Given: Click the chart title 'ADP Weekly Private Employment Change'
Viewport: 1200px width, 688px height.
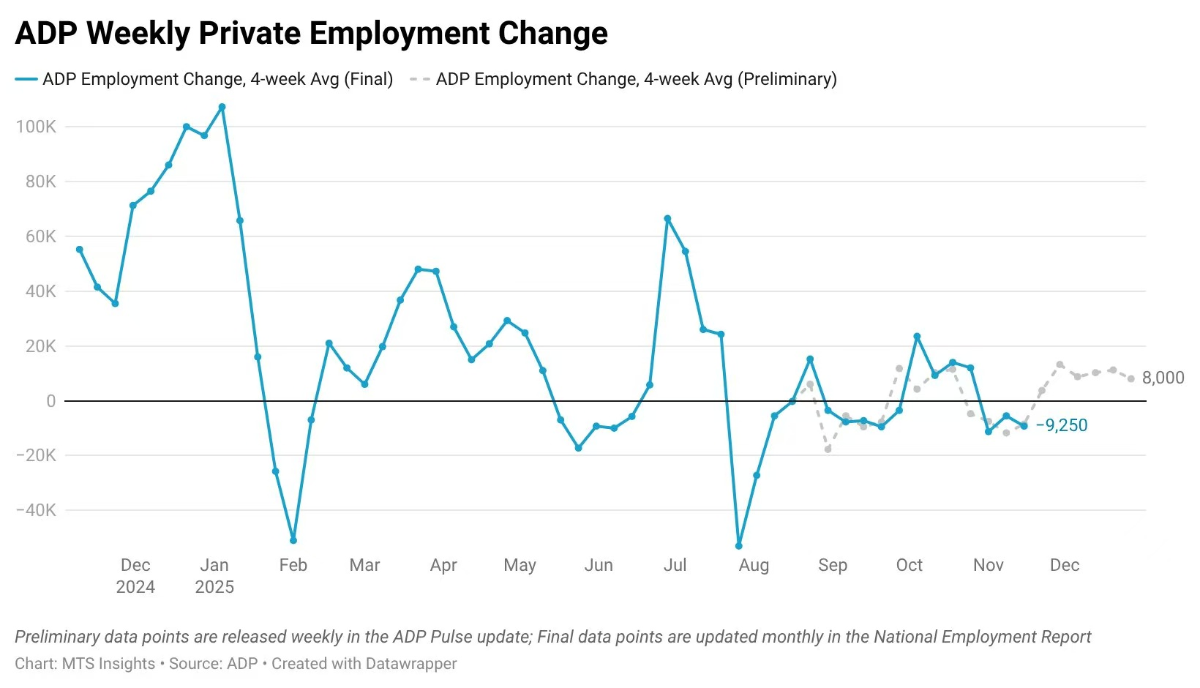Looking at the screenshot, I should point(311,34).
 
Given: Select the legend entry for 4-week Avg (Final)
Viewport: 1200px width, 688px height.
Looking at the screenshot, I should point(217,79).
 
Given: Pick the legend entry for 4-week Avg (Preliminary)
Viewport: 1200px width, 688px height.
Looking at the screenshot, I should point(636,79).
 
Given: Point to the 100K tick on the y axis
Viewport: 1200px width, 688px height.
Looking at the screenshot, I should point(36,127).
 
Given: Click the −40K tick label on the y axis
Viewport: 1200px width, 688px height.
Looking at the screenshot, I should point(36,510).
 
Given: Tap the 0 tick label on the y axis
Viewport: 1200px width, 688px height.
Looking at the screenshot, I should point(50,401).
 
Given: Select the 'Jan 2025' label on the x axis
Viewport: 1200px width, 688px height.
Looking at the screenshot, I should point(214,575).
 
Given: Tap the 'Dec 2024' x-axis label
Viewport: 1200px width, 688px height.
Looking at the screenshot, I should point(135,575).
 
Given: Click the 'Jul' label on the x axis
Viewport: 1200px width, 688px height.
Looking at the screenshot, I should point(675,565).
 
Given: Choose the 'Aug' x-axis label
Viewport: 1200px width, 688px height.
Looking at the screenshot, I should point(754,565).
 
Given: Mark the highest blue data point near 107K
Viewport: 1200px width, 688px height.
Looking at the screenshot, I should point(222,107).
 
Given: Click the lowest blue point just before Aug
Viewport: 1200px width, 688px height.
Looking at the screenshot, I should point(739,546).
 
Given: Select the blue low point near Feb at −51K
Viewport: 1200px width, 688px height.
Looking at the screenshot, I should point(293,540).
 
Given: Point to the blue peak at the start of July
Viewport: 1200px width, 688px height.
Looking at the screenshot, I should point(667,219).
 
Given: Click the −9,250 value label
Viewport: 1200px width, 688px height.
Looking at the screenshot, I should point(1061,425).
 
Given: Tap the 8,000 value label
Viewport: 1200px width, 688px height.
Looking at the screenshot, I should point(1163,378).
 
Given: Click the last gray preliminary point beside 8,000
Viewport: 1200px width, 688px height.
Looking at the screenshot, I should point(1131,378).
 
